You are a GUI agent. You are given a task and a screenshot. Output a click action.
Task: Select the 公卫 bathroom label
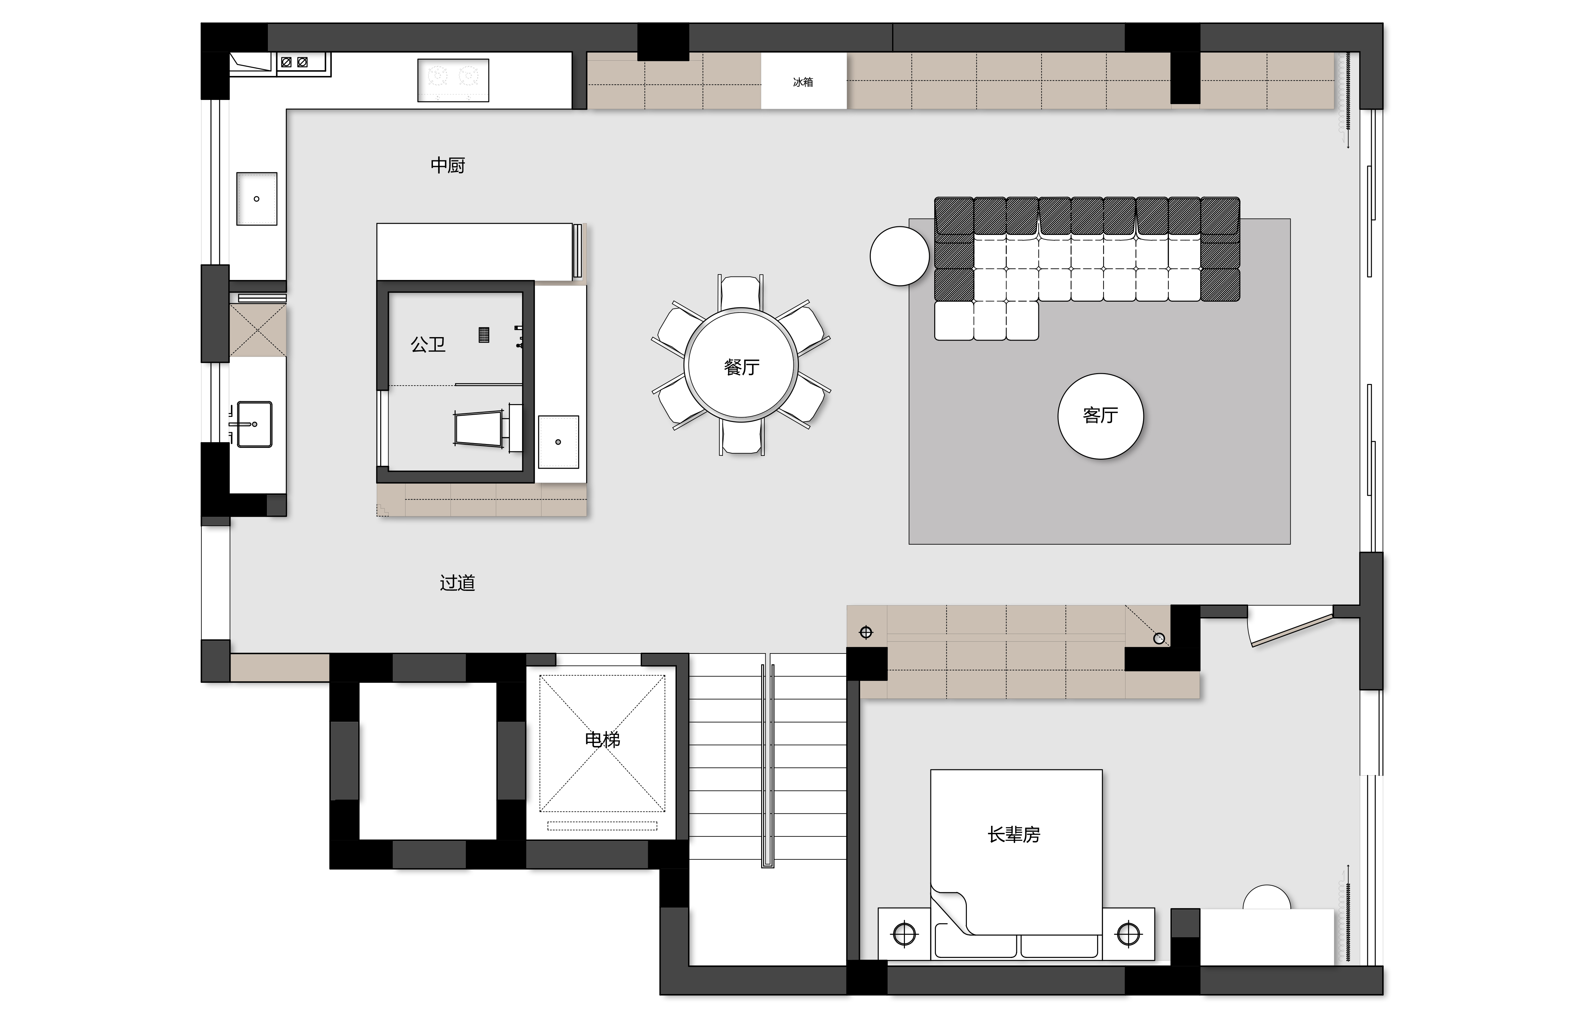pos(428,344)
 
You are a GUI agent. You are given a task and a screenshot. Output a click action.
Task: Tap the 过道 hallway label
pos(457,582)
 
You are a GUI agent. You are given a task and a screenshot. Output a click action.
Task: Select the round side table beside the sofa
pos(899,256)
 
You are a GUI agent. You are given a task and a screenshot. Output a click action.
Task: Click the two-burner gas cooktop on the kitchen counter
pos(453,80)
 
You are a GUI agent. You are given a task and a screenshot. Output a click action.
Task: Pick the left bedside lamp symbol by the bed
pos(904,934)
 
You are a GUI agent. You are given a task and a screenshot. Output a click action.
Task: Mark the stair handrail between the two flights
pos(767,760)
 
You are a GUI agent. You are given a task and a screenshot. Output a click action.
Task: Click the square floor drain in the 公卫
pos(484,335)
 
